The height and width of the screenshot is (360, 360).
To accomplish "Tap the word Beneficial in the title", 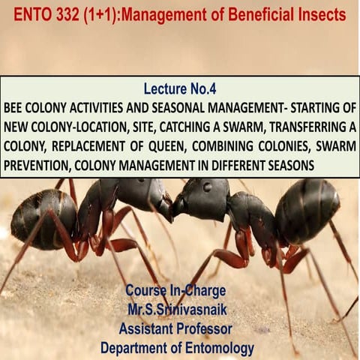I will pos(256,14).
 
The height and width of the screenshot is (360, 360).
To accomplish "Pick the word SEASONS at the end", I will pos(286,164).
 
